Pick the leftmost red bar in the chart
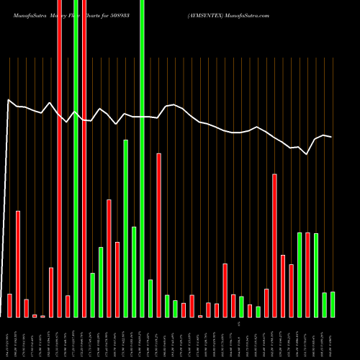point(9,305)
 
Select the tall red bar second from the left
point(18,264)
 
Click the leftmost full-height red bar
point(59,158)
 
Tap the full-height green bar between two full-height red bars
point(76,158)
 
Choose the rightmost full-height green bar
point(142,158)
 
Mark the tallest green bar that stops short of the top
point(125,228)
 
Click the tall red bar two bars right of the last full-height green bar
point(158,235)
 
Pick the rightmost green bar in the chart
point(333,304)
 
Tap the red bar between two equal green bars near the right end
point(307,274)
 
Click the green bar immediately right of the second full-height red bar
point(92,294)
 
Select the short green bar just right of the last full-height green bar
point(150,298)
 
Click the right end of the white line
point(331,136)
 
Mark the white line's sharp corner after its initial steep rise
point(9,100)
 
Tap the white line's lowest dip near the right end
point(307,154)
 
